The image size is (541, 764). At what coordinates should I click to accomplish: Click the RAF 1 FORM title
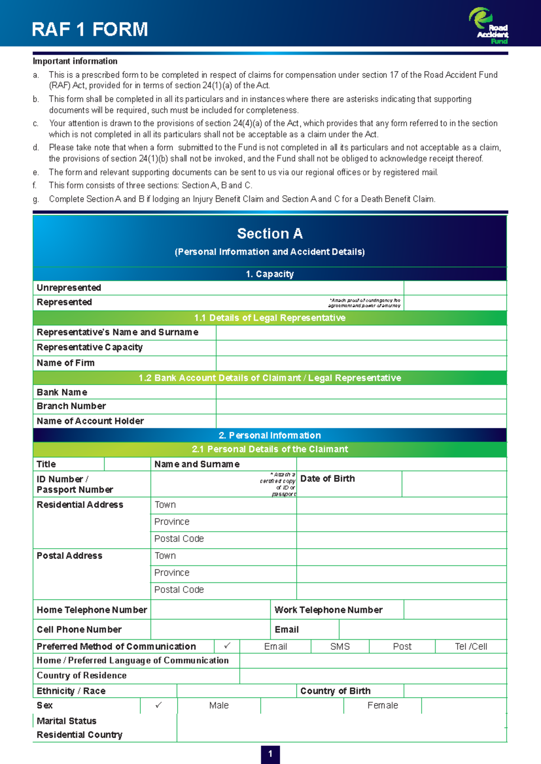pos(90,29)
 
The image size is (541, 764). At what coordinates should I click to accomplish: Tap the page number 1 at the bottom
pos(270,754)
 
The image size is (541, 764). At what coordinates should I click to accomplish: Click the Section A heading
pos(270,233)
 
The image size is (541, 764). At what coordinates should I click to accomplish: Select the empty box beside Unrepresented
pos(455,288)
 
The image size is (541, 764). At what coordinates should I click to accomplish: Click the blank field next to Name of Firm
pos(361,363)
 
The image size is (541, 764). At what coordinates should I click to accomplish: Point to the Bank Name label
pos(62,392)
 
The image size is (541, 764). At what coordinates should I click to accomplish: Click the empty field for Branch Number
pos(361,406)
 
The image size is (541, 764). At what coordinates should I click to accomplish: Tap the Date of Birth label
pos(327,479)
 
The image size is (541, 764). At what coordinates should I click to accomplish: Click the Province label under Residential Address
pos(172,522)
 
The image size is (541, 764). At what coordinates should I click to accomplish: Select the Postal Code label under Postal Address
pos(179,590)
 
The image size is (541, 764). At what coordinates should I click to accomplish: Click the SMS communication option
pos(340,646)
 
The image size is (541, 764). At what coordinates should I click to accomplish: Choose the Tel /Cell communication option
pos(471,646)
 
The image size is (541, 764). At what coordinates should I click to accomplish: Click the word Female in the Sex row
pos(382,705)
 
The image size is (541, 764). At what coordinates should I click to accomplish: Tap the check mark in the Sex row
pos(159,705)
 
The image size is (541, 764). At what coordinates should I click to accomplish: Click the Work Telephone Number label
pos(328,610)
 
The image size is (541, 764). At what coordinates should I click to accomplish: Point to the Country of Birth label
pos(335,691)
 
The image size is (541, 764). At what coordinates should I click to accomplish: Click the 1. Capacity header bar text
pos(270,274)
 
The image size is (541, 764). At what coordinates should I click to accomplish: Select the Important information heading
pos(75,61)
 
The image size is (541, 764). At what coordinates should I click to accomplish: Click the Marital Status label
pos(66,721)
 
